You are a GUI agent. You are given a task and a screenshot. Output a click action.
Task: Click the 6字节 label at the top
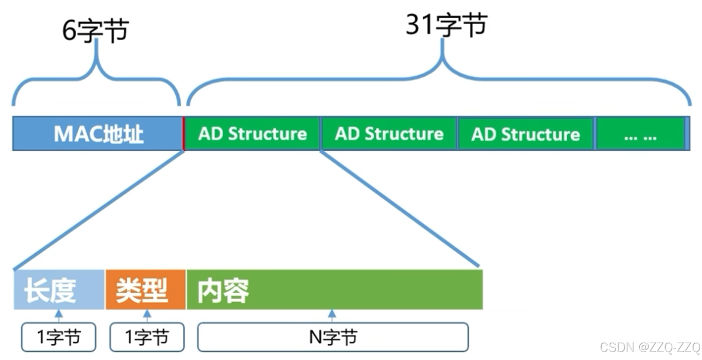tap(95, 31)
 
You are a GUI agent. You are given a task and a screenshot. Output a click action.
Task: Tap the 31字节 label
tap(446, 25)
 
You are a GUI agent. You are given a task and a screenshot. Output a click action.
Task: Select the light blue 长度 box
tap(59, 290)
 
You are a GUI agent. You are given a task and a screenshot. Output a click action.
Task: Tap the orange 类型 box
tap(145, 290)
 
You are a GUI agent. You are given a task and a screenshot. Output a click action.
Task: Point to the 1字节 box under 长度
tap(59, 337)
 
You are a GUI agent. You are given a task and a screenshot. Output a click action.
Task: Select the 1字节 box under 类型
tap(147, 337)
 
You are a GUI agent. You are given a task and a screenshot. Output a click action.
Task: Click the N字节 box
tap(333, 337)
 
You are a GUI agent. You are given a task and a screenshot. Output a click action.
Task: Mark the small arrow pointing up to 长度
tap(59, 315)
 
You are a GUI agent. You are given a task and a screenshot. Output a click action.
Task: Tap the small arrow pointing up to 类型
tap(147, 315)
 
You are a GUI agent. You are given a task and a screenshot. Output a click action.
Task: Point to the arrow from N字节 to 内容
tap(332, 315)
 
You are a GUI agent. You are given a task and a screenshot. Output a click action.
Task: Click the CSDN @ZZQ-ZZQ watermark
tap(650, 347)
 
